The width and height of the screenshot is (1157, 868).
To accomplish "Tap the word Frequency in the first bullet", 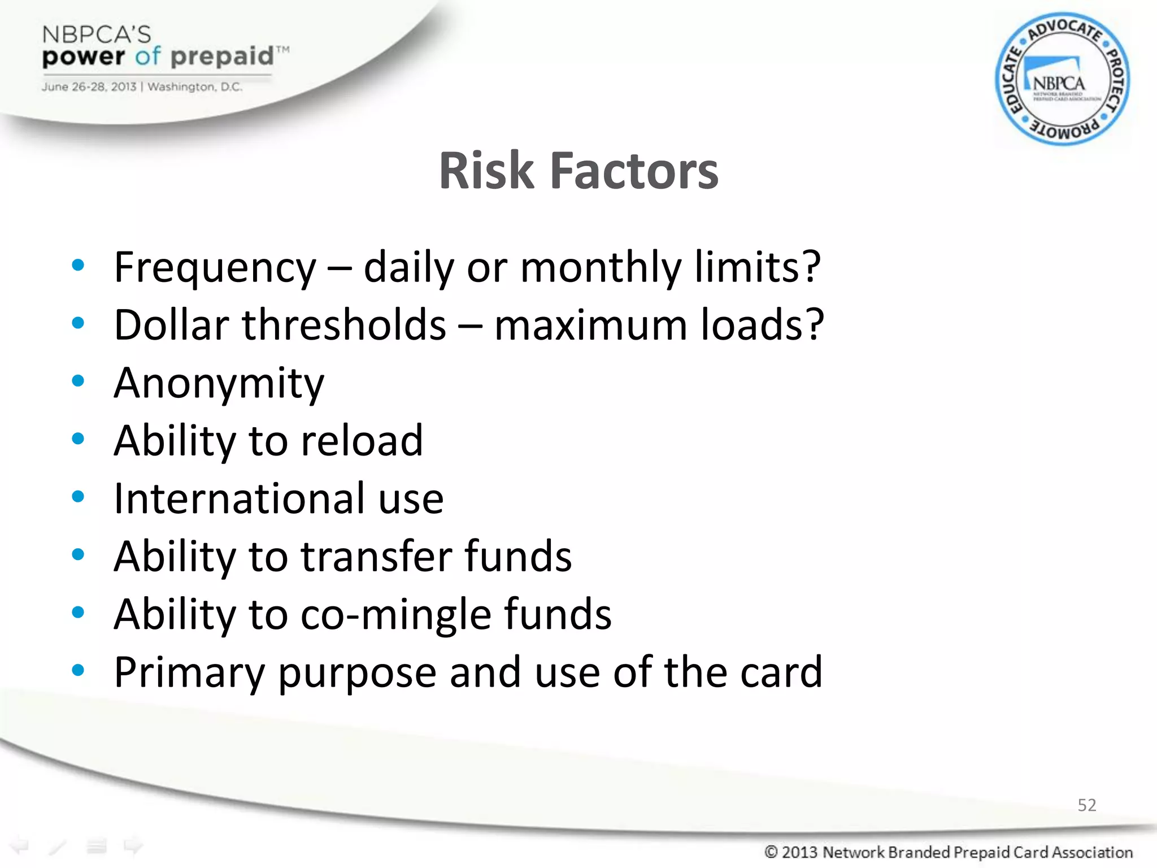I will point(215,268).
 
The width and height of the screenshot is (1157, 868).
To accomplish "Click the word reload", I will point(362,441).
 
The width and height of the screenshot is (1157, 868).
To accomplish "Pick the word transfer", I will point(376,557).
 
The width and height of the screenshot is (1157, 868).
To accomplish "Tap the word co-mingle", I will point(395,615).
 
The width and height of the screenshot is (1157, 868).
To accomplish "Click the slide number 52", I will point(1086,805).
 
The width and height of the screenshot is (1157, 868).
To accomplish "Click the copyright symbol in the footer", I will point(771,852).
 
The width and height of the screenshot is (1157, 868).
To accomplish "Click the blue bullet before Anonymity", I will point(78,381).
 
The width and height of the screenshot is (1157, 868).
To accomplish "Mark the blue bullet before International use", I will point(78,497).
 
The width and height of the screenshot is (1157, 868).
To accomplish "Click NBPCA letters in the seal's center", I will point(1058,84).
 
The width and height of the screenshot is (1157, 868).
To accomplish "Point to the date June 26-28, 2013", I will point(89,87).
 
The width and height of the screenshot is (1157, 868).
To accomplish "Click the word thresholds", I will point(344,325).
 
